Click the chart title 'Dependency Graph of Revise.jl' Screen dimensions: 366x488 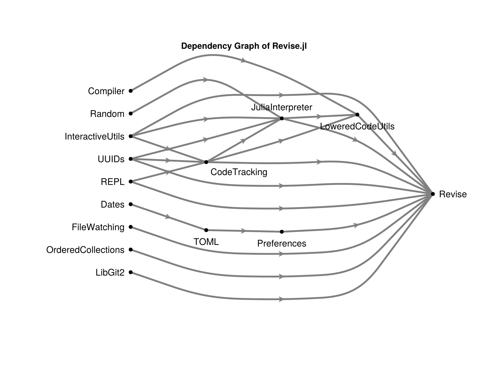pos(244,46)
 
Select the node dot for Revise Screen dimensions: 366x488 pos(433,194)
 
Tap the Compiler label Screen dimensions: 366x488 pos(106,91)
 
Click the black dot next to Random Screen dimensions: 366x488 pos(131,113)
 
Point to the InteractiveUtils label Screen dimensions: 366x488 pos(95,137)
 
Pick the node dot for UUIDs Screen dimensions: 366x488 pos(131,159)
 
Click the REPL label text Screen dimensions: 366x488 pos(113,182)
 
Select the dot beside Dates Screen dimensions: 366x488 pos(131,204)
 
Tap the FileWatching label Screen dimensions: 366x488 pos(98,227)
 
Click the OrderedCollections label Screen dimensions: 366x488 pos(85,250)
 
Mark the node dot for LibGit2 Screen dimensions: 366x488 pos(131,272)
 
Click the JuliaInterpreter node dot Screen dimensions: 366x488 pos(282,118)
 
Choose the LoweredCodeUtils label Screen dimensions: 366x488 pos(357,127)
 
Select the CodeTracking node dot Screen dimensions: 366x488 pos(206,162)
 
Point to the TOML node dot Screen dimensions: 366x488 pos(206,230)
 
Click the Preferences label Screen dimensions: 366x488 pos(282,243)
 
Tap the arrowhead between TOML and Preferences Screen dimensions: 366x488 pos(244,231)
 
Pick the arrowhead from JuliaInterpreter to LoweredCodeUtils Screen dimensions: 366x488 pos(319,117)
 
